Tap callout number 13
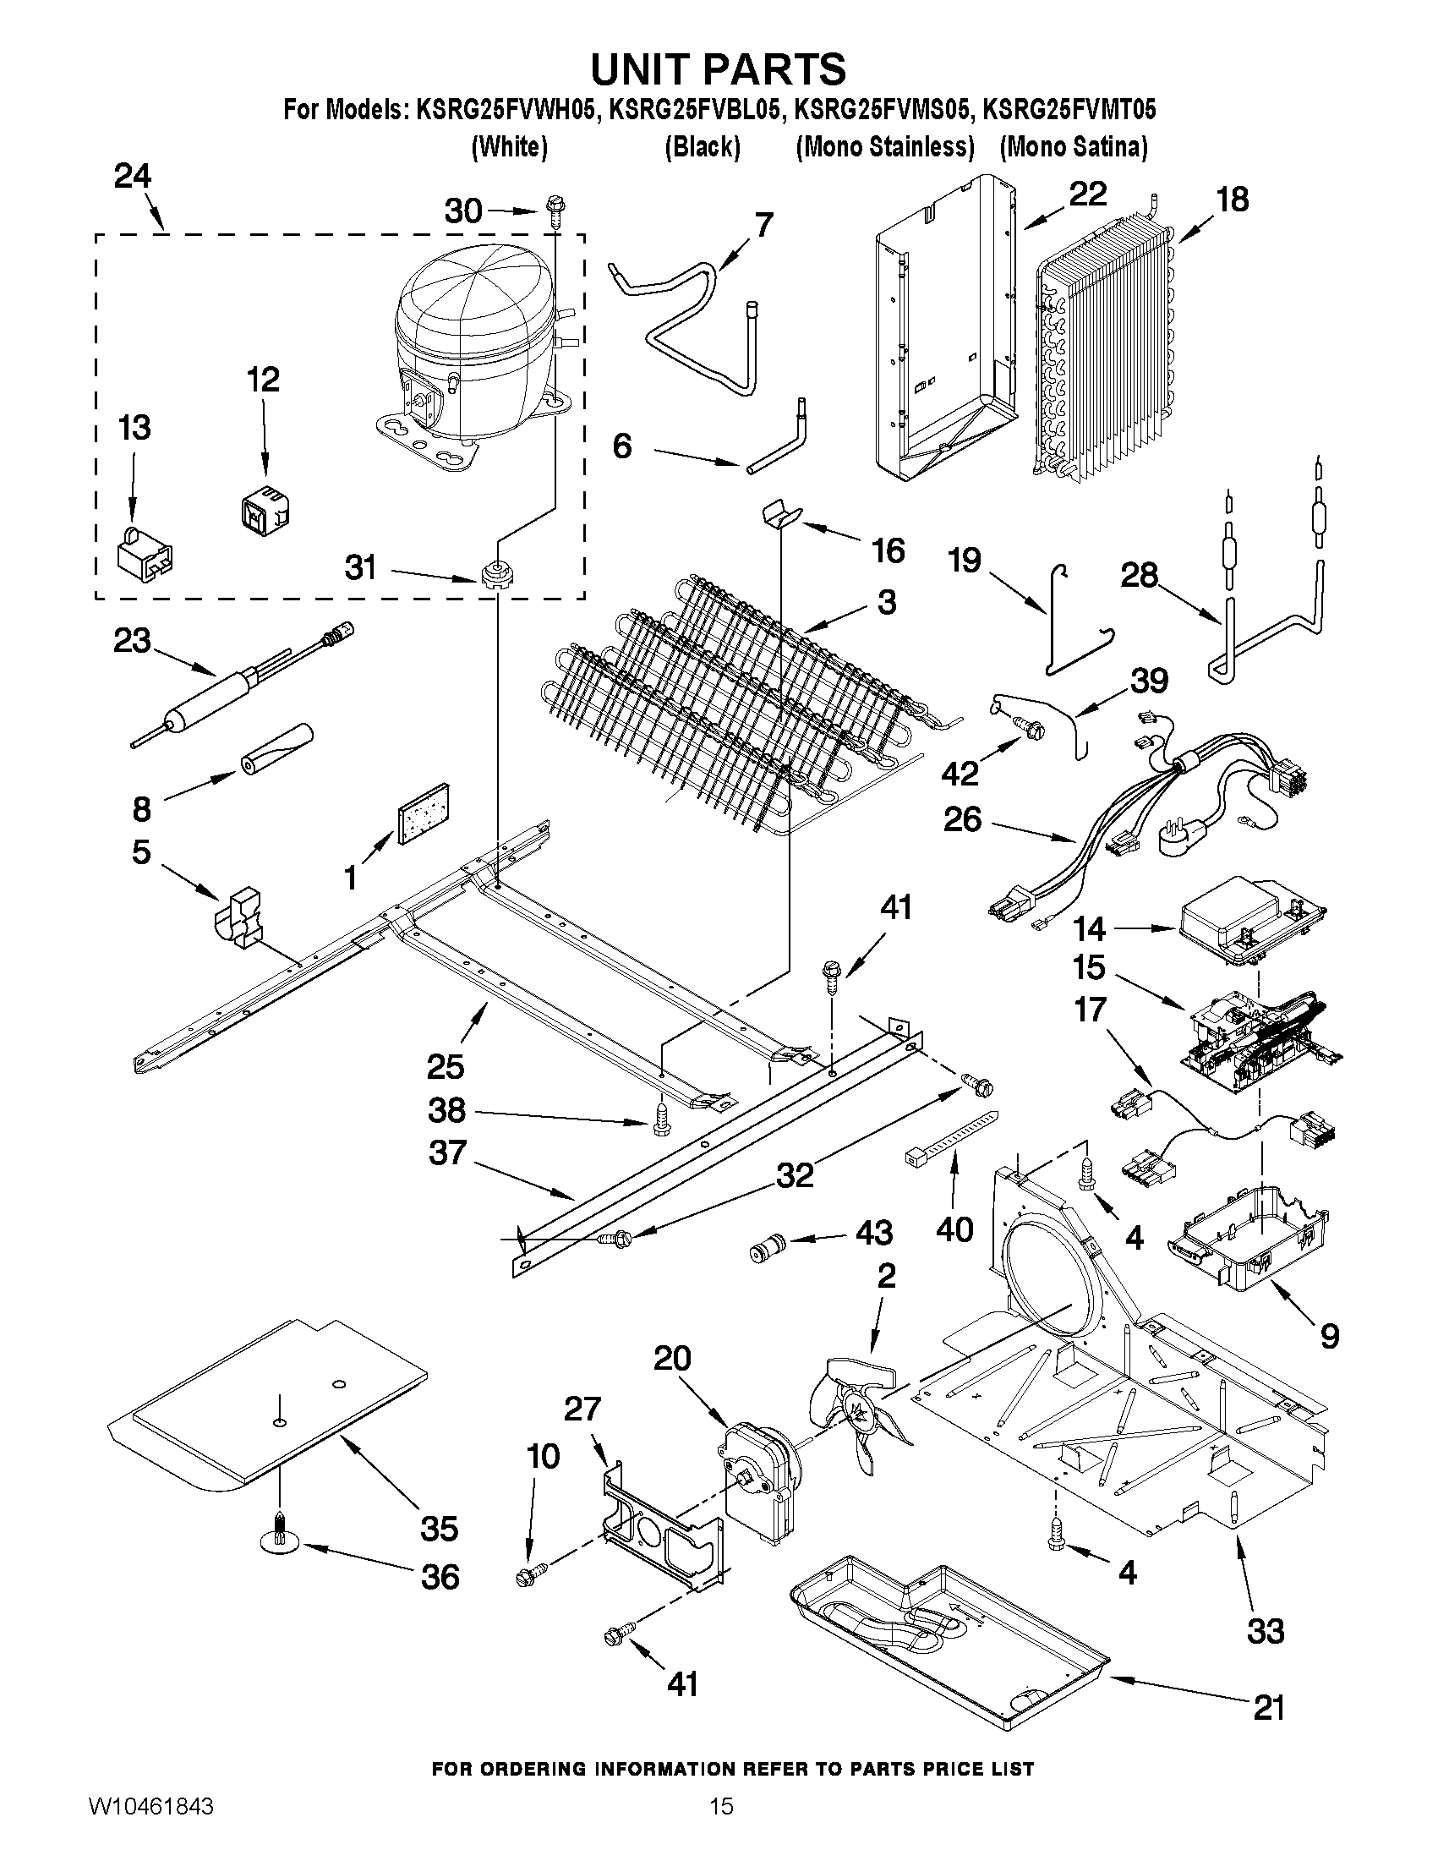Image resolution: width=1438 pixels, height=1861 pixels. [134, 428]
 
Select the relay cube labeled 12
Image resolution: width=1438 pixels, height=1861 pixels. [265, 510]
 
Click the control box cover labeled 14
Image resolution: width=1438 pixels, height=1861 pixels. [1249, 922]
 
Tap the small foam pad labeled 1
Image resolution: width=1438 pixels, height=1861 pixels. [424, 813]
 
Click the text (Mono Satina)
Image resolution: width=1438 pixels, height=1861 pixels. [1074, 147]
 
